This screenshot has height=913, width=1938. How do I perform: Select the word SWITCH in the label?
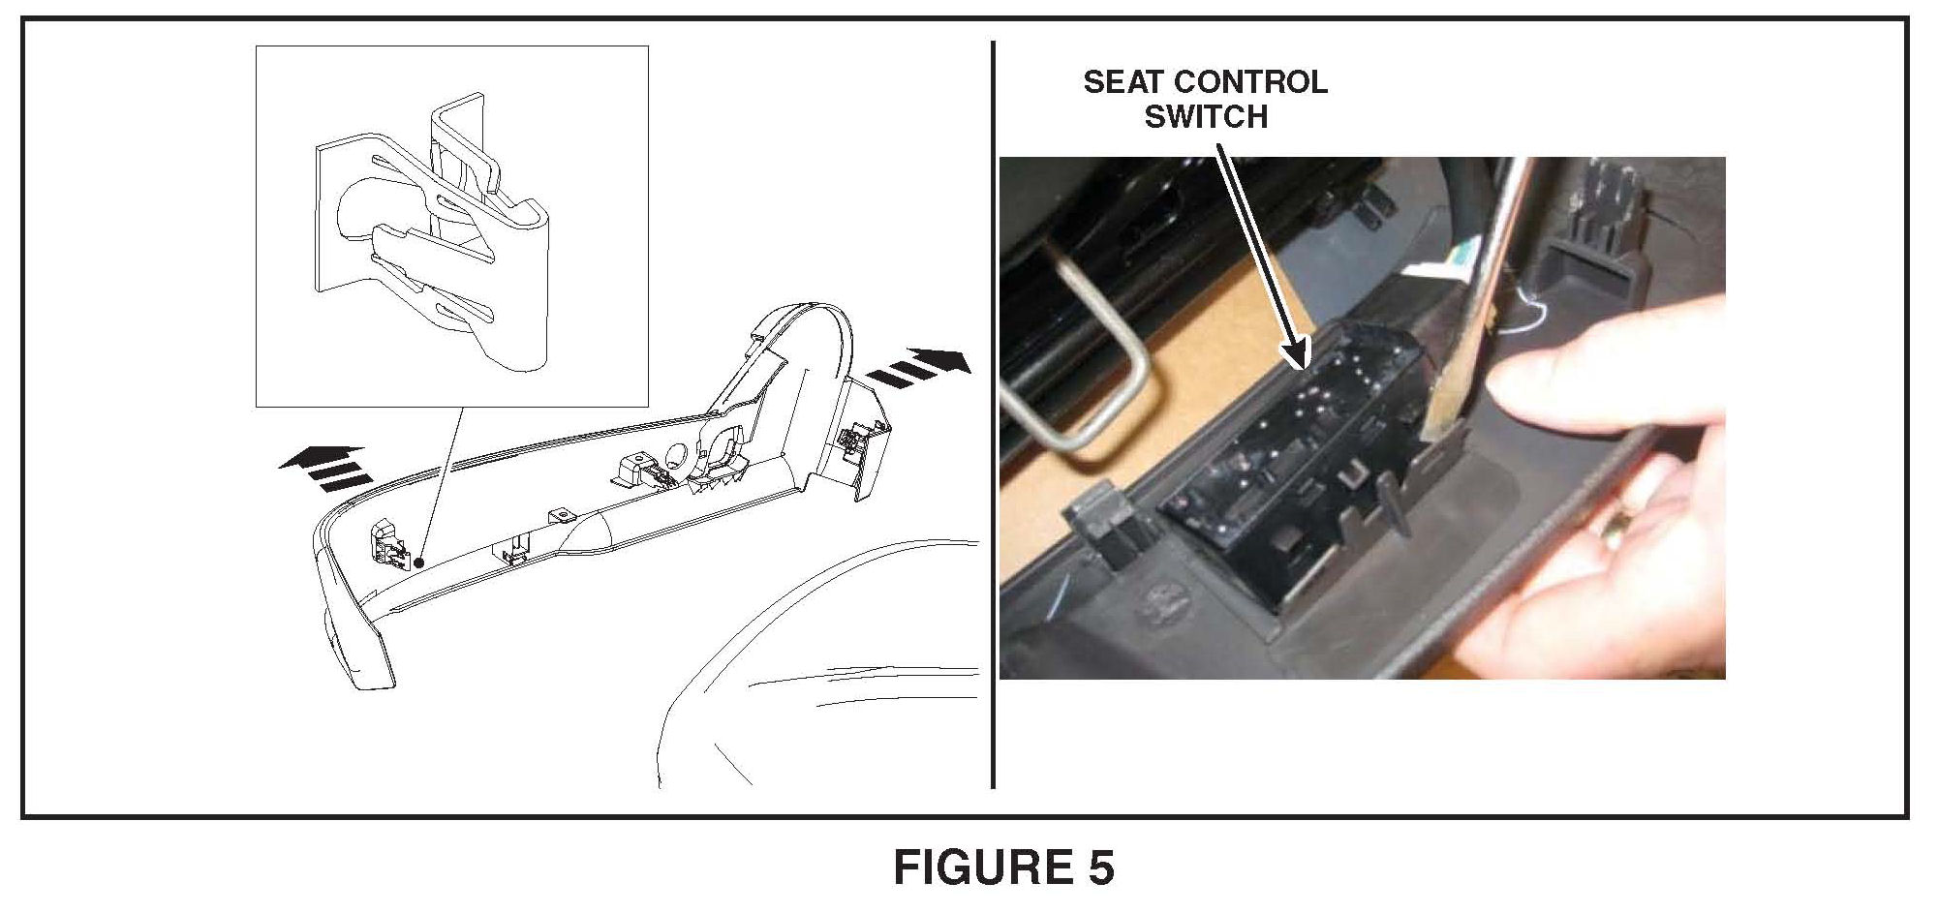pos(1206,117)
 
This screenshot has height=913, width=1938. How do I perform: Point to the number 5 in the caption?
pos(1097,867)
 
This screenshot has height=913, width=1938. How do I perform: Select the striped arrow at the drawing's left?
pos(323,469)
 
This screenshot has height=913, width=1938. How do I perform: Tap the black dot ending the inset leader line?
pos(418,562)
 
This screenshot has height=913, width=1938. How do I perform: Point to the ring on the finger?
pos(1616,531)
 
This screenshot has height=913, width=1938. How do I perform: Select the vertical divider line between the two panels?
pos(993,414)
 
